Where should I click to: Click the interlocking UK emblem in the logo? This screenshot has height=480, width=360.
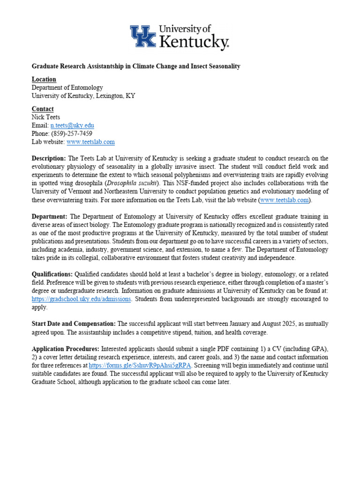pos(143,37)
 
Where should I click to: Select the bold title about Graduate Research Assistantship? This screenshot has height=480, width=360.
pos(136,66)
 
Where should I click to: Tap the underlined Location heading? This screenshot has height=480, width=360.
pos(44,79)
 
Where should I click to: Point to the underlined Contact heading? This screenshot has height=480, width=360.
pos(43,109)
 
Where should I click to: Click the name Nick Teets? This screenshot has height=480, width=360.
pos(45,117)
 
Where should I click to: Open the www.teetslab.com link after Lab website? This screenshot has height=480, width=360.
pos(90,142)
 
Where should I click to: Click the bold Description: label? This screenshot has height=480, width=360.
pos(49,158)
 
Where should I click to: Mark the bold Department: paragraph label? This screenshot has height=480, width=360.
pos(50,216)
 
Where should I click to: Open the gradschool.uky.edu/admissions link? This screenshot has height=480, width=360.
pos(82,299)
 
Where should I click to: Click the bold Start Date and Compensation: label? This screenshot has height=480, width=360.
pos(74,324)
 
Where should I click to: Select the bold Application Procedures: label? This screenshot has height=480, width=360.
pos(65,349)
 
